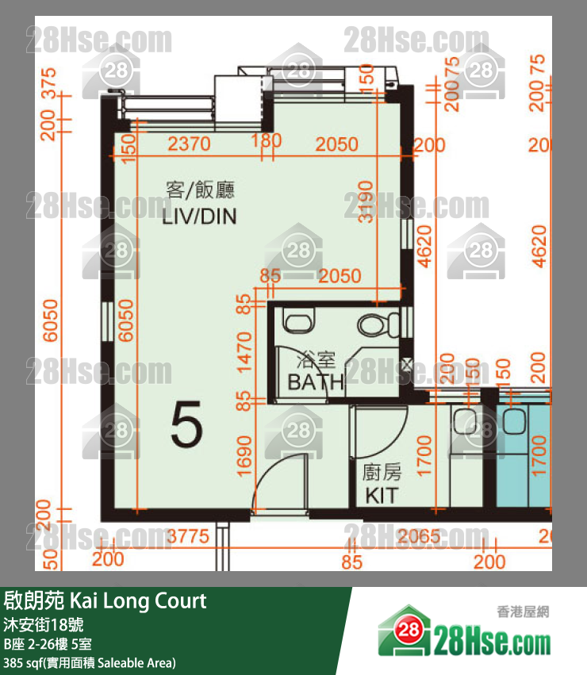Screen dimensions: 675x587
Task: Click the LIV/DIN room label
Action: tap(199, 217)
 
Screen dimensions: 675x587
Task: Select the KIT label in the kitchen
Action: tap(382, 497)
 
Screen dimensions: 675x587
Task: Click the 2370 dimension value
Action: tap(190, 145)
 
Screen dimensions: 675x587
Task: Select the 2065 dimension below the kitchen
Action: tap(418, 537)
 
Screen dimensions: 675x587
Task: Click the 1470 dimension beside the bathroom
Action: tap(244, 352)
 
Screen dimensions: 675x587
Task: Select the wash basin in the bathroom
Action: tap(299, 322)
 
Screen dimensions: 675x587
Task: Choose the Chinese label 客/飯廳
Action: tap(199, 190)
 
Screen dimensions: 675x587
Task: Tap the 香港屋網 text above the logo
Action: tap(523, 611)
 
